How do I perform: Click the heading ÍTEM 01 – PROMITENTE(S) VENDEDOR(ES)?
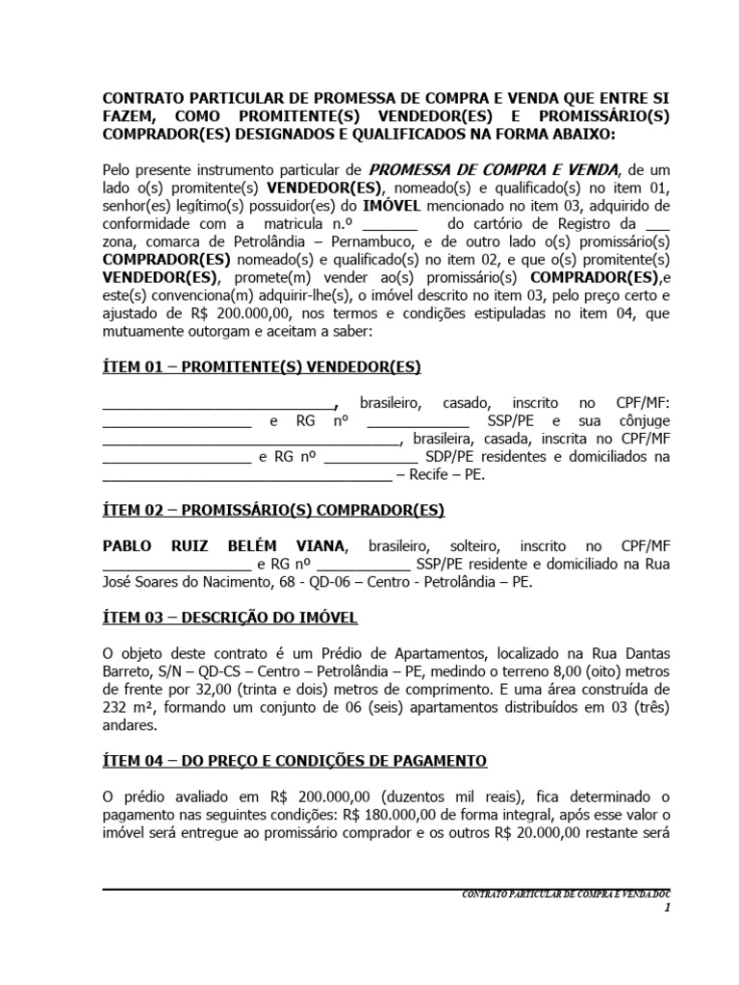[262, 367]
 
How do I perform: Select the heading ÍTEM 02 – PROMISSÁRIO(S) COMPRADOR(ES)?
[273, 510]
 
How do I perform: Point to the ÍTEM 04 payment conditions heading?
[294, 760]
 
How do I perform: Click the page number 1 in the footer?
[666, 908]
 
